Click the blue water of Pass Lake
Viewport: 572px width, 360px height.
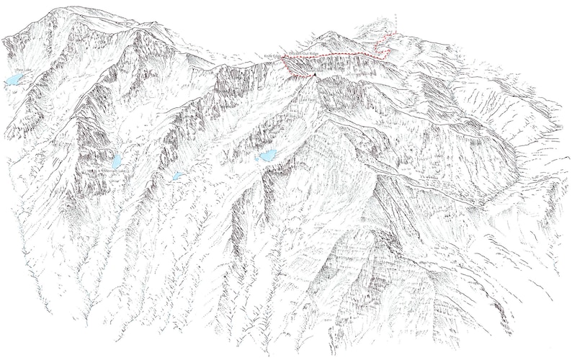click(x=14, y=80)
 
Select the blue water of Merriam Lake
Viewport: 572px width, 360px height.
click(x=116, y=160)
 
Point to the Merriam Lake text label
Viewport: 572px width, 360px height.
click(x=116, y=171)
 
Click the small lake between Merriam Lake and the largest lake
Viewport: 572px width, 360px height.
click(x=177, y=176)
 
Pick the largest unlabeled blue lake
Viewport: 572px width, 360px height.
click(x=267, y=156)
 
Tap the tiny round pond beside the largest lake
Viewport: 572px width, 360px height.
click(x=257, y=152)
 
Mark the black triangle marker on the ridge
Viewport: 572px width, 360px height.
click(x=315, y=74)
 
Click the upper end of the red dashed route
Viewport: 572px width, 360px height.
click(x=396, y=33)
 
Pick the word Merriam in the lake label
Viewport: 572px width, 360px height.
click(x=112, y=171)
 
